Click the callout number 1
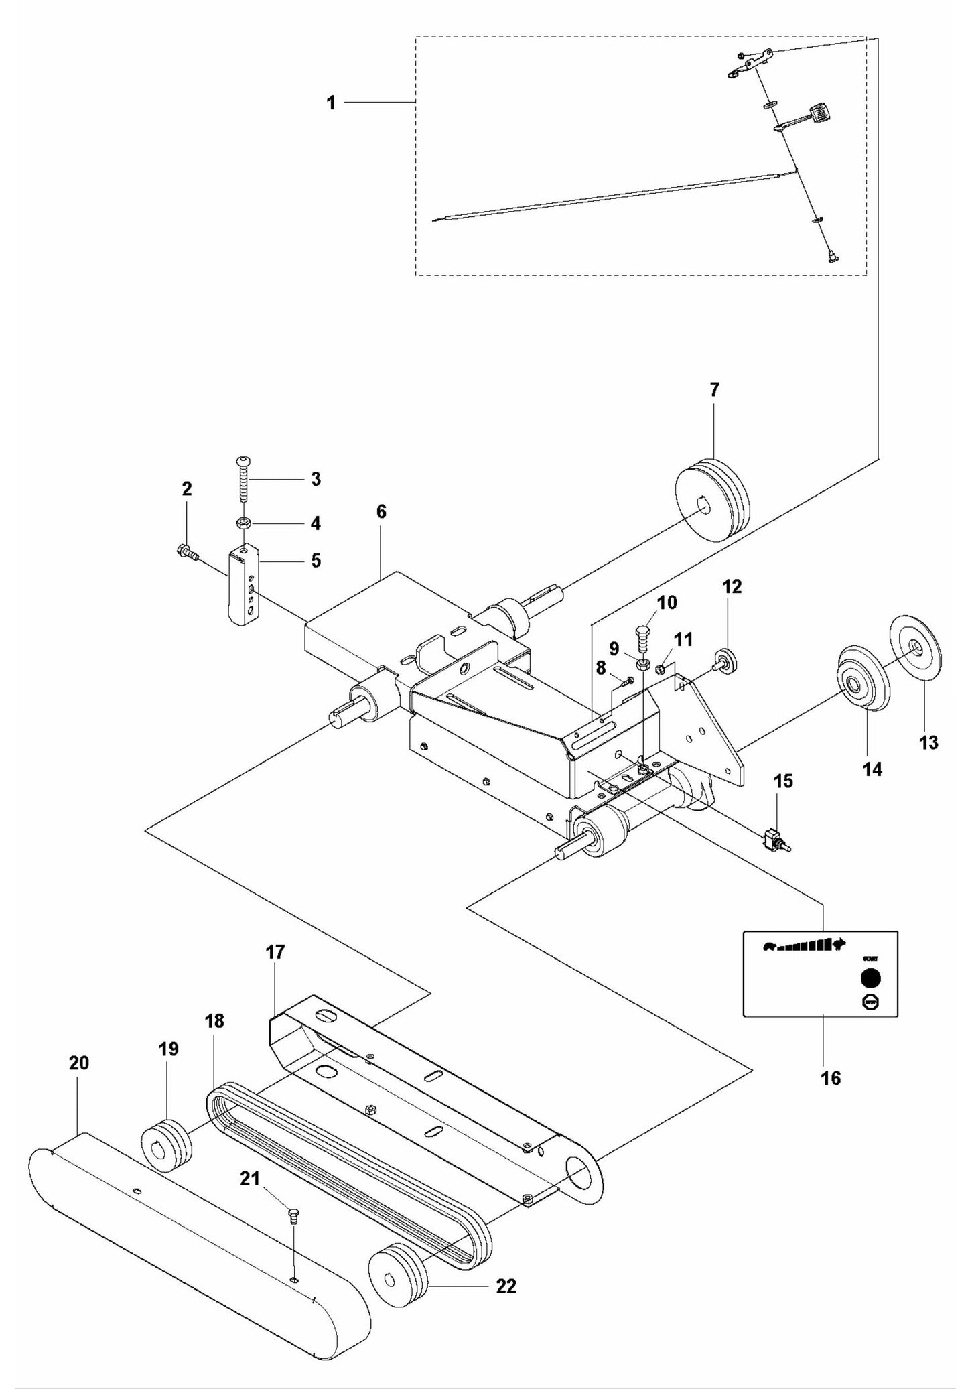pos(330,103)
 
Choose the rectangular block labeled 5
pos(245,584)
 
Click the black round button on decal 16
pos(870,978)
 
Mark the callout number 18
pos(215,1020)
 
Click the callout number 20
pos(78,1063)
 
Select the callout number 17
pos(275,951)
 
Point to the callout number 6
pos(381,512)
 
